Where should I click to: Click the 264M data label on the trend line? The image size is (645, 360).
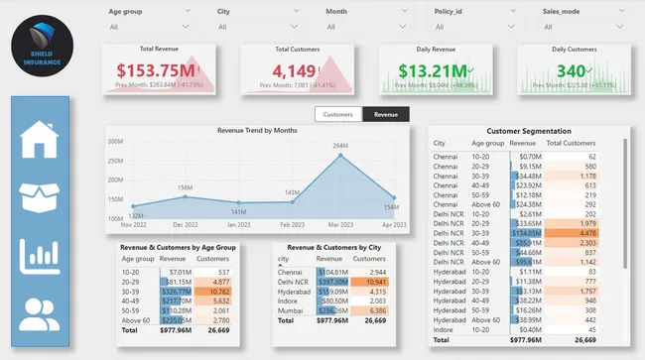click(x=340, y=147)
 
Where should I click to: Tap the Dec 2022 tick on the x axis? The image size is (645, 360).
click(x=186, y=225)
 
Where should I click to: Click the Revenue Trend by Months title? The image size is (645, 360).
click(x=257, y=130)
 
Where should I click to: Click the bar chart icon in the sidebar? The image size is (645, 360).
click(x=40, y=257)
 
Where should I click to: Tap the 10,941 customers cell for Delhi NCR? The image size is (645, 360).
click(x=373, y=281)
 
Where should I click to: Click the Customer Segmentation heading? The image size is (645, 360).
click(x=529, y=131)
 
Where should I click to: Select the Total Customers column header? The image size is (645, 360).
click(x=571, y=144)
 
